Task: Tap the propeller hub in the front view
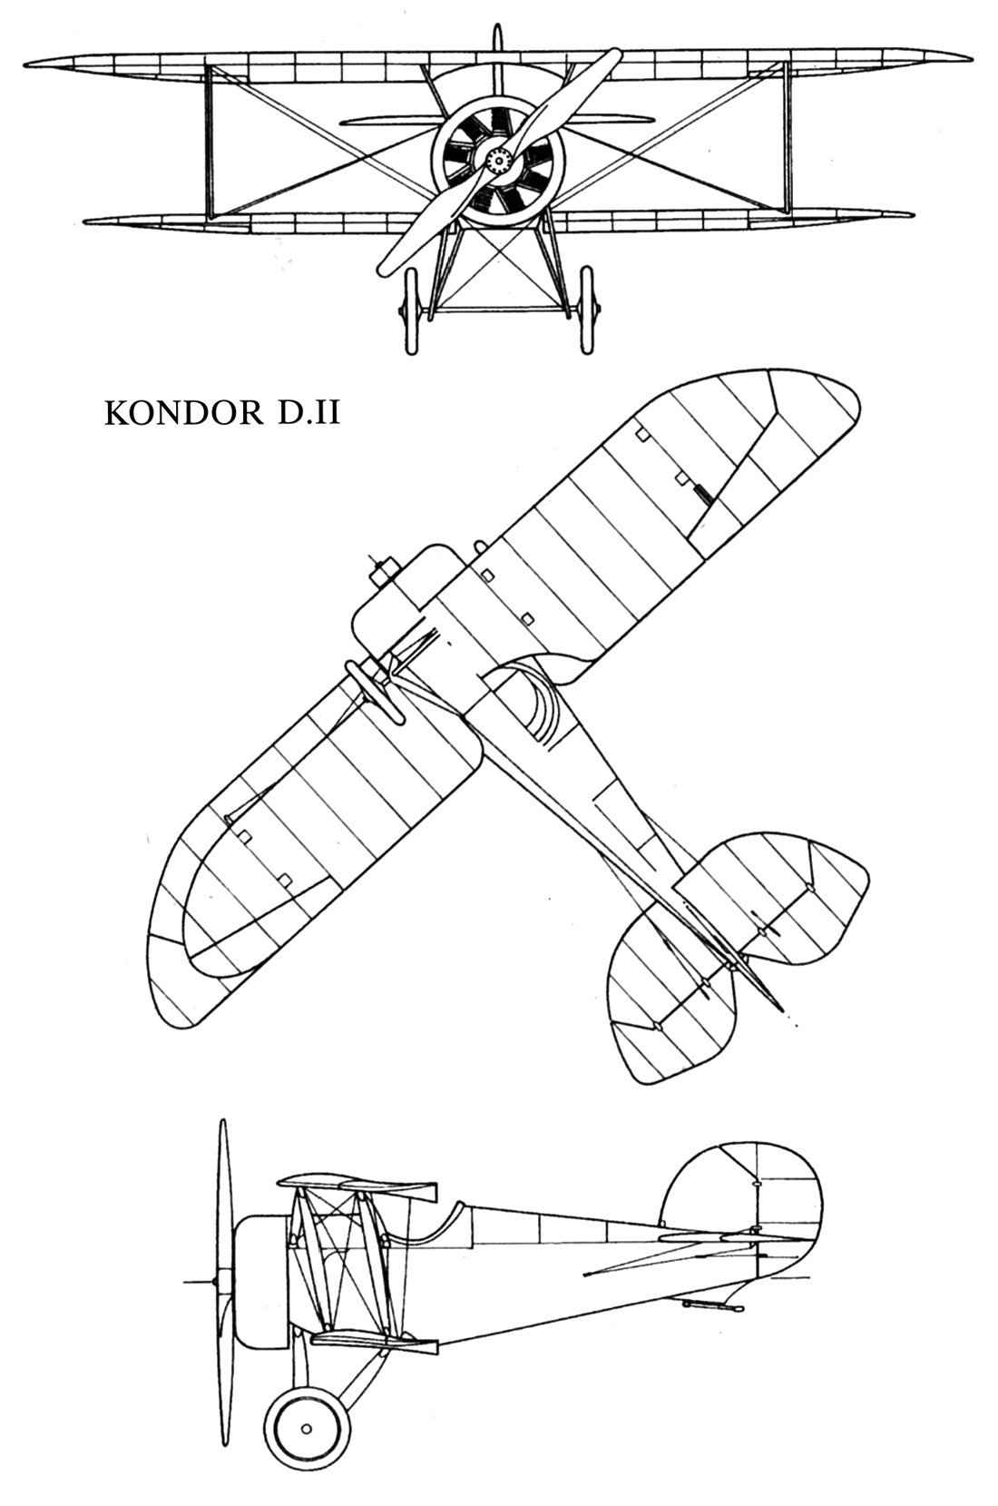498,160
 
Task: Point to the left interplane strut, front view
212,142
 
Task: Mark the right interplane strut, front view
784,142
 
